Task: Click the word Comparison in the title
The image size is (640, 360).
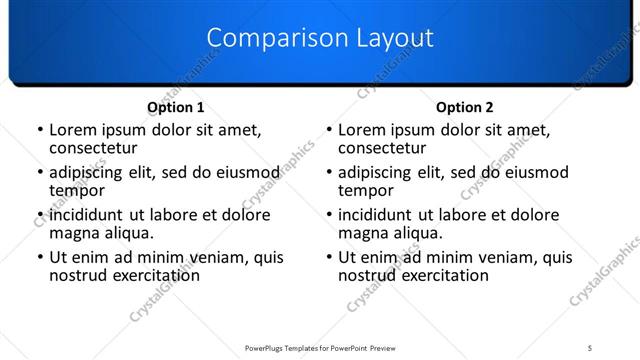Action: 266,39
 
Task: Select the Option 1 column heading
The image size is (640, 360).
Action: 176,107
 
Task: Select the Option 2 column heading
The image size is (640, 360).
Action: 465,107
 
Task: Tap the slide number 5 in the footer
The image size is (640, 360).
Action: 590,348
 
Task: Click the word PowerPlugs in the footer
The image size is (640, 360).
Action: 268,348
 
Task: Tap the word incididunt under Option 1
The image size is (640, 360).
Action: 87,214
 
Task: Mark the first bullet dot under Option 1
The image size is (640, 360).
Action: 39,130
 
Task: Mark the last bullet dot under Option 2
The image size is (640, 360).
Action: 328,257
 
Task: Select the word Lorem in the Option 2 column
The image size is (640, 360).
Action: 361,129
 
